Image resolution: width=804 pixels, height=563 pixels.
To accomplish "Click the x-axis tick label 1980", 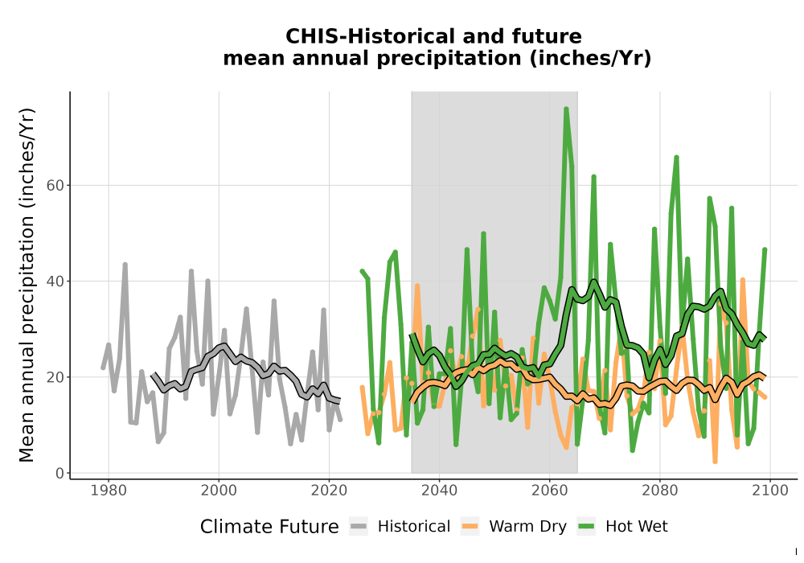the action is (109, 491).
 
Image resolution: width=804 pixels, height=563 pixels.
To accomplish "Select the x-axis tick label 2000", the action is (219, 491).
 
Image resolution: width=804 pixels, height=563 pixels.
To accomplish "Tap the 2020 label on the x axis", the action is (329, 491).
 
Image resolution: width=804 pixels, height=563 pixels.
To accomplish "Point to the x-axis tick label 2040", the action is (440, 491).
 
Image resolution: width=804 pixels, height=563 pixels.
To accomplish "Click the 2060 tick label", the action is (550, 491).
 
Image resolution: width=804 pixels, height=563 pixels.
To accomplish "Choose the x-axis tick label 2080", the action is (660, 491).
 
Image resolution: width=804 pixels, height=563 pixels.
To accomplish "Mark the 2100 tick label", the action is (770, 491).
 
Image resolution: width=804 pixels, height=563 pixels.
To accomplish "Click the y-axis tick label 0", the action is (60, 473).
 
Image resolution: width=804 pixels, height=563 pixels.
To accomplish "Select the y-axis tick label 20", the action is (56, 377).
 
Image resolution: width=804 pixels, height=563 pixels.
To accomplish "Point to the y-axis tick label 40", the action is (56, 281).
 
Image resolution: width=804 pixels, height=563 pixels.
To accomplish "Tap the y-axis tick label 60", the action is (56, 185).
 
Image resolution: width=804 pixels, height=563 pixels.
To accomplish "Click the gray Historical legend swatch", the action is (359, 527).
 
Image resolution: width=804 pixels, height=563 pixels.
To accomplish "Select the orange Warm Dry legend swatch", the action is (470, 527).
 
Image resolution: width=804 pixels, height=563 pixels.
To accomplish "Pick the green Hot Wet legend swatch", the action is (586, 527).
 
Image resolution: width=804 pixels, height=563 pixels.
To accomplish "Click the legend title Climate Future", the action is (269, 527).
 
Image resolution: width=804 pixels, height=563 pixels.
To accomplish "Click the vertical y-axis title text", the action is (27, 285).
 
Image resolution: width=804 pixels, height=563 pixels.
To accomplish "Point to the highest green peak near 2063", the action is (566, 109).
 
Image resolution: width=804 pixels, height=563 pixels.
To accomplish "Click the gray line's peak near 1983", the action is (125, 265).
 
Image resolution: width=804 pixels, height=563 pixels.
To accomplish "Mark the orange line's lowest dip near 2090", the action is (715, 462).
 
